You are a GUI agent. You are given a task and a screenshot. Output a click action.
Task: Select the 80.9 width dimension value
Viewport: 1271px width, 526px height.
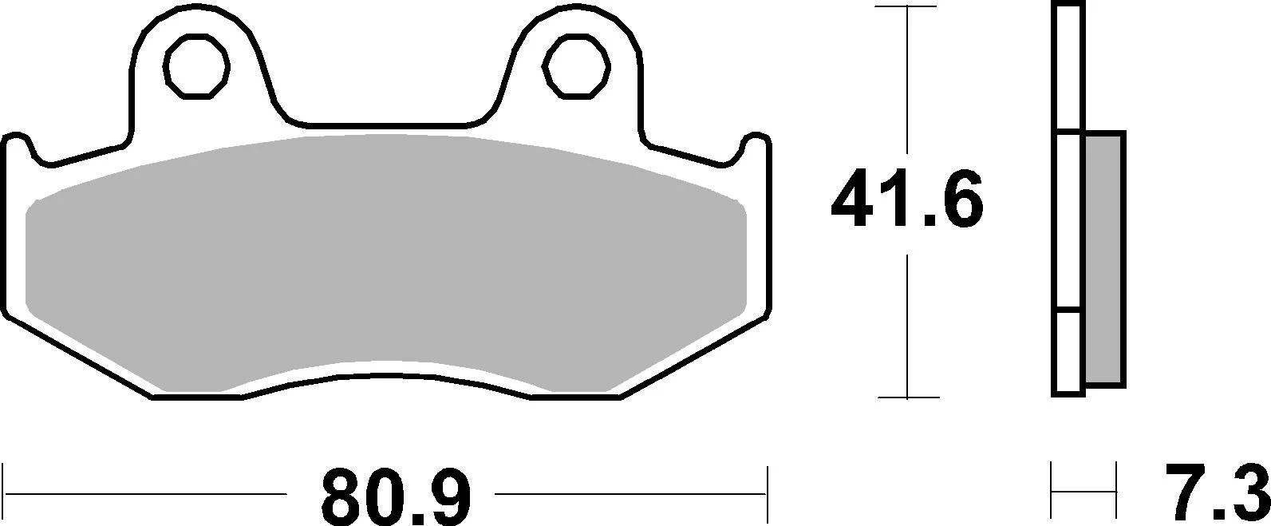[397, 496]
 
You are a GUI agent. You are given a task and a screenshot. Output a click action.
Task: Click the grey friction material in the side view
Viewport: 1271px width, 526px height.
[1105, 259]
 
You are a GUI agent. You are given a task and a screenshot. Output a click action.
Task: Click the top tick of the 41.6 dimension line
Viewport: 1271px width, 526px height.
[907, 7]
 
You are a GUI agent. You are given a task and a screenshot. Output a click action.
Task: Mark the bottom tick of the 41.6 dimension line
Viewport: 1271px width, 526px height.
[907, 397]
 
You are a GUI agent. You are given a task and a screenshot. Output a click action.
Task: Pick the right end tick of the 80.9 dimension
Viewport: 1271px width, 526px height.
[766, 493]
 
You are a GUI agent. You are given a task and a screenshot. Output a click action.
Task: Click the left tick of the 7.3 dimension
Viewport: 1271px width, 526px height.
[1053, 493]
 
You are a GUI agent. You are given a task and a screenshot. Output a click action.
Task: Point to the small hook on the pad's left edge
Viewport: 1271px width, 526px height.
[18, 142]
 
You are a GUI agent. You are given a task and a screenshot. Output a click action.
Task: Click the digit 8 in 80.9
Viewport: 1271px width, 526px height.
[341, 496]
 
